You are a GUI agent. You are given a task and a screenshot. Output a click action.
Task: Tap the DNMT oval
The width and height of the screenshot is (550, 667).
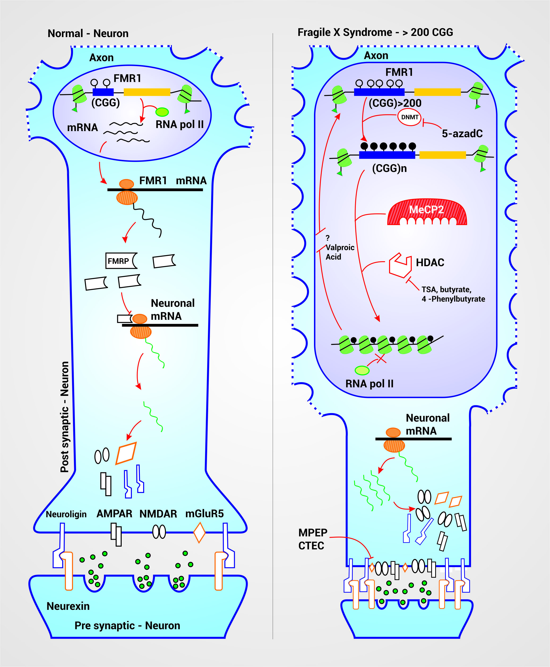tap(409, 117)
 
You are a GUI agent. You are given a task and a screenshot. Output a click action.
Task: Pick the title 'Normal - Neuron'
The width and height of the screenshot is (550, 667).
tap(88, 34)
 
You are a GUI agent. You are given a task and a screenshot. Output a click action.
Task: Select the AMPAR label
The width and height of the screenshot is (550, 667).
tap(114, 513)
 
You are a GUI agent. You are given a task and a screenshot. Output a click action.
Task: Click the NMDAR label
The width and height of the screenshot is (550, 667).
tap(158, 514)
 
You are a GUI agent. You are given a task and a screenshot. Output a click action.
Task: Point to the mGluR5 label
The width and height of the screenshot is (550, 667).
tap(204, 513)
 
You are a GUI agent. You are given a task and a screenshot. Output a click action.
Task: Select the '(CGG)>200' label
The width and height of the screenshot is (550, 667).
tap(395, 103)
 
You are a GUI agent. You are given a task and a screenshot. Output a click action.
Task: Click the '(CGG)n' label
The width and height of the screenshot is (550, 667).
tap(389, 168)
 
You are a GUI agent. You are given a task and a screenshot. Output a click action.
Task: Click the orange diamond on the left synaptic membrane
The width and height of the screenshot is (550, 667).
tap(199, 533)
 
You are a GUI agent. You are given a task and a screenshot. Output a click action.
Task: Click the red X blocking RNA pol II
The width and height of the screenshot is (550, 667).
tap(381, 359)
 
